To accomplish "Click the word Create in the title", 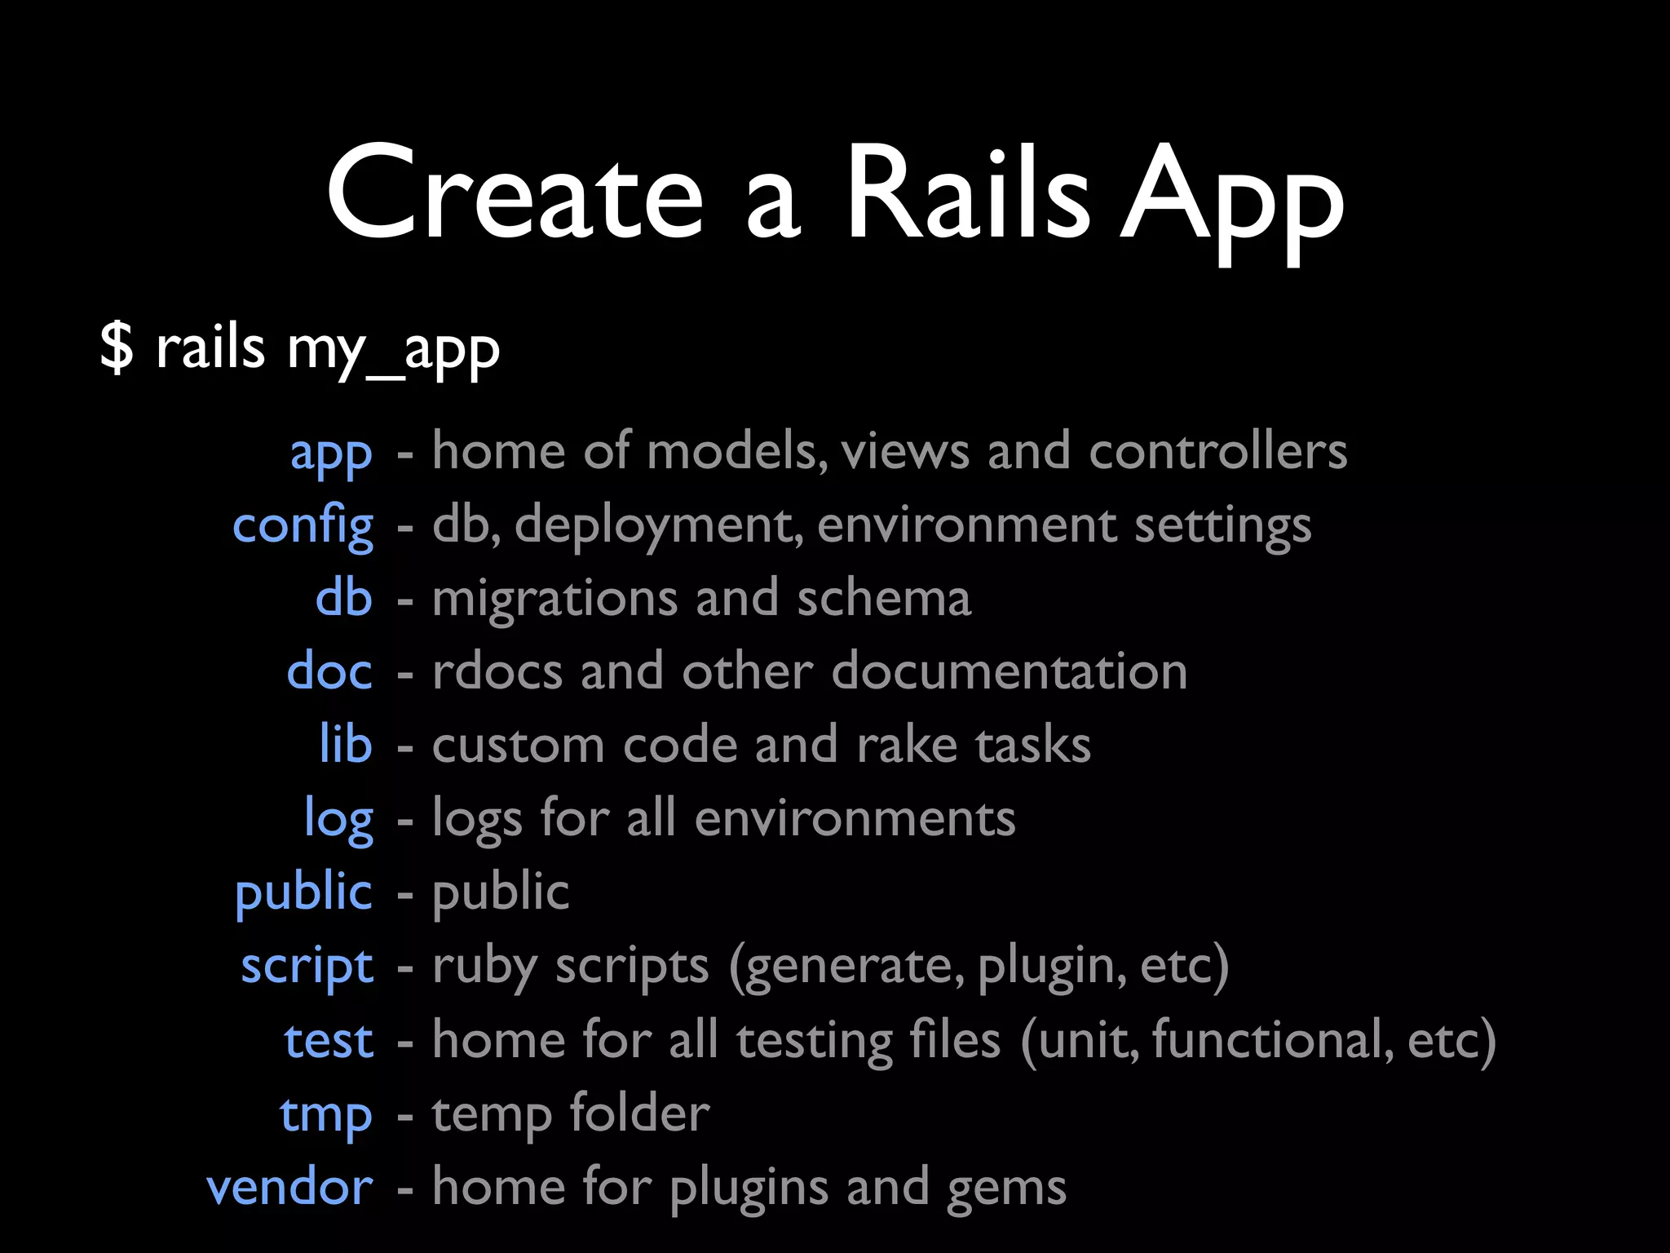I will (x=515, y=193).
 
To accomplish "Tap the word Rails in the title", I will (x=967, y=193).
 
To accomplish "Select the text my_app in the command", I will (x=393, y=351).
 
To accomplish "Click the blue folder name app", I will (x=331, y=454).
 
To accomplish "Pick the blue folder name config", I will (x=303, y=526).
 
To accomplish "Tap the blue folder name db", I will (x=343, y=598).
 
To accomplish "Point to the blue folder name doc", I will (x=329, y=671).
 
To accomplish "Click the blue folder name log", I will (x=338, y=820).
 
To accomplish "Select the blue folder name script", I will (x=307, y=967).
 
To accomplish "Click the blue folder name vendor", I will (x=289, y=1188).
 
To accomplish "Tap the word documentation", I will (x=1010, y=671).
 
